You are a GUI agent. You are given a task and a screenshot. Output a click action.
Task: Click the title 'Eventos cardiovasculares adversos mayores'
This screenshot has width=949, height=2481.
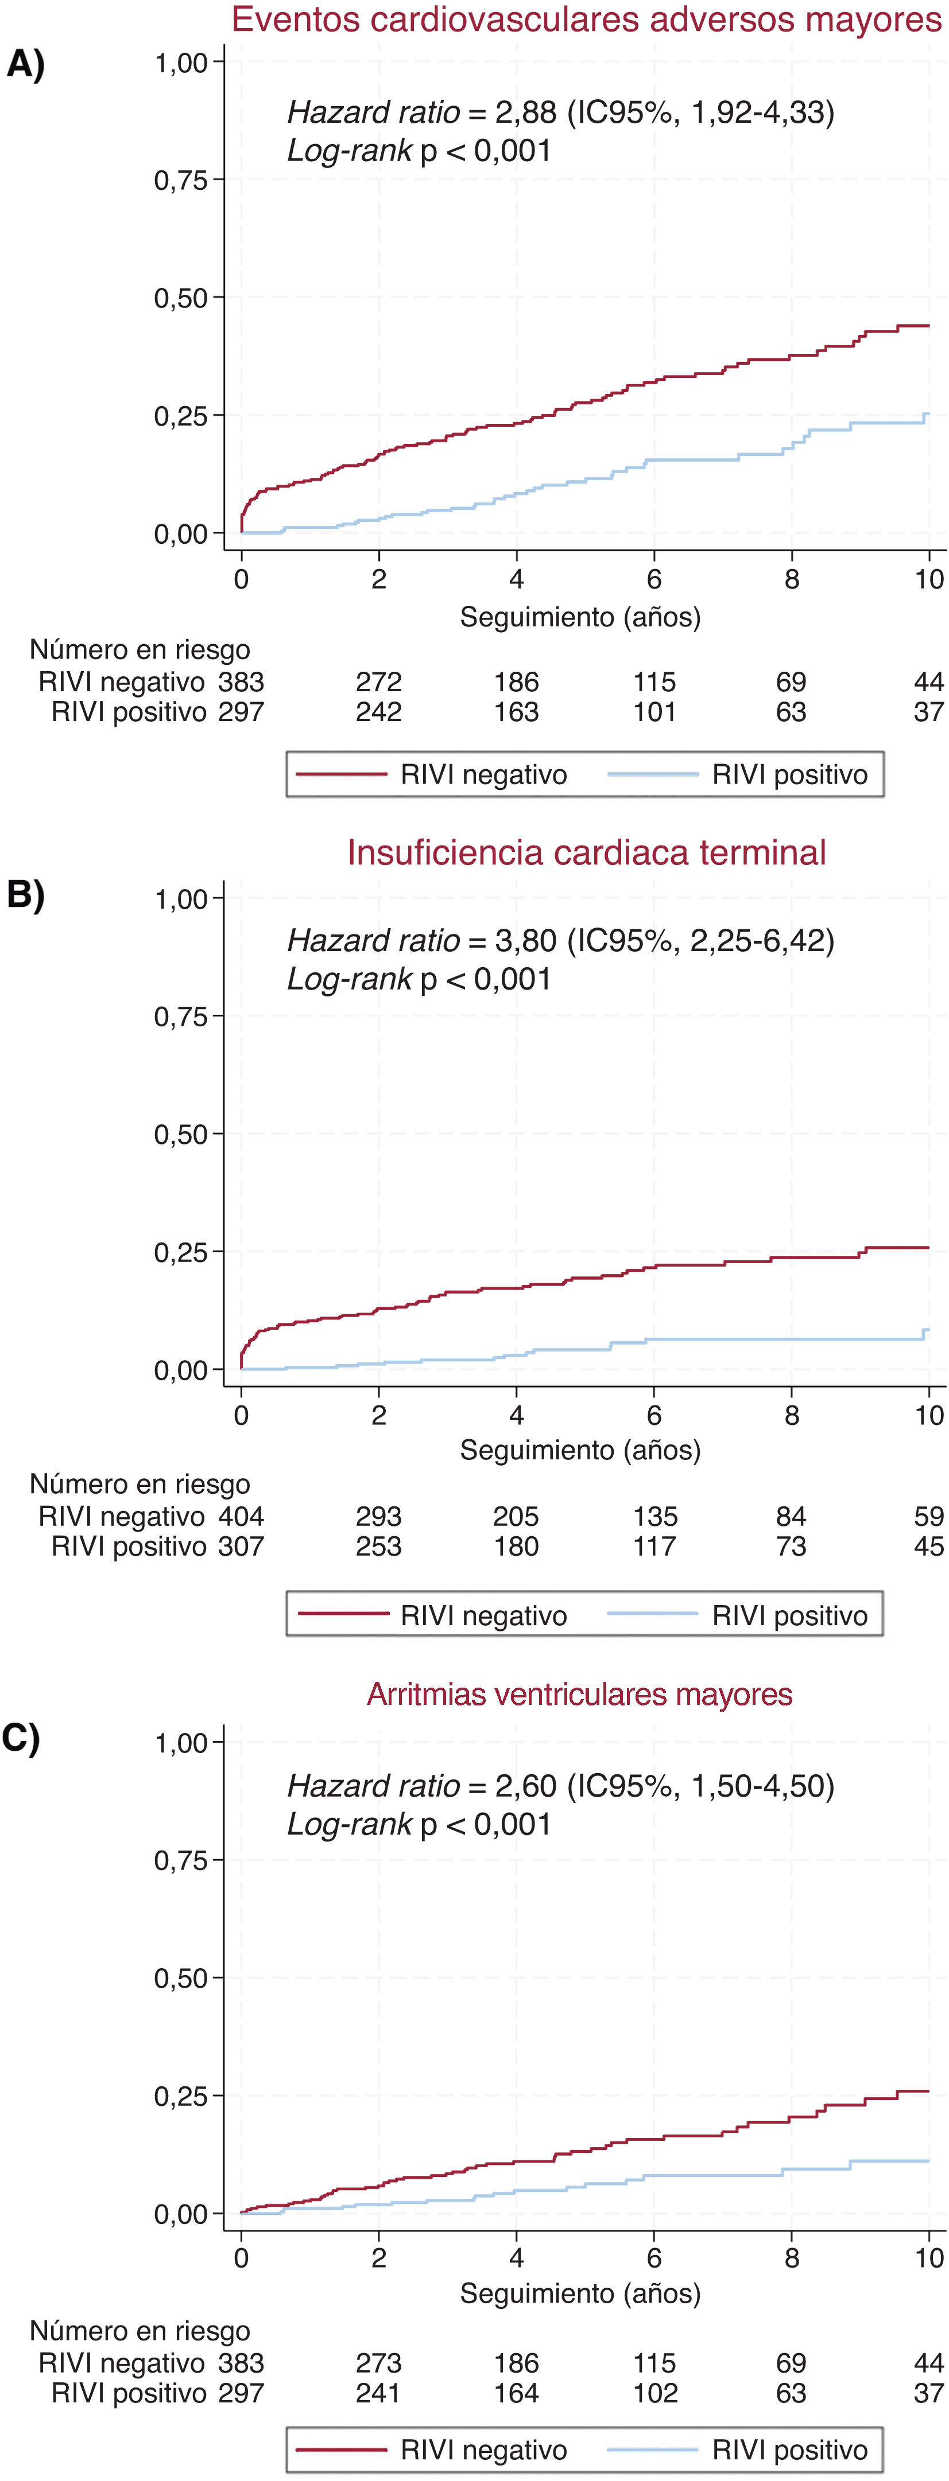pyautogui.click(x=586, y=20)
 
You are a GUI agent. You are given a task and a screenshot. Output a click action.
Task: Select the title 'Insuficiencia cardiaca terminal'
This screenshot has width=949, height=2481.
pyautogui.click(x=586, y=852)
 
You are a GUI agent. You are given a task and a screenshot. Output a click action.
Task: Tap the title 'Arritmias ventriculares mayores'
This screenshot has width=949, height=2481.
pyautogui.click(x=579, y=1693)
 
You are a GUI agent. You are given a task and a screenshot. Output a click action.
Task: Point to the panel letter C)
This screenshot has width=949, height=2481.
pyautogui.click(x=21, y=1739)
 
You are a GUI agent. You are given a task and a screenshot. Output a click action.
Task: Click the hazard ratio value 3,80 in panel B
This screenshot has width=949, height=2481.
pyautogui.click(x=525, y=940)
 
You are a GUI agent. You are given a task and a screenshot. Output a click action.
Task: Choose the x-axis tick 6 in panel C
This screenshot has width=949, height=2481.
pyautogui.click(x=654, y=2257)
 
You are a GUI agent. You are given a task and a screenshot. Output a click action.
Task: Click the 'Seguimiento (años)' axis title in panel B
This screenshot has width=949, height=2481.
pyautogui.click(x=580, y=1450)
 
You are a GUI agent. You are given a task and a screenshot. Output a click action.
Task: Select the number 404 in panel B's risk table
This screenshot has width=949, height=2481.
pyautogui.click(x=241, y=1516)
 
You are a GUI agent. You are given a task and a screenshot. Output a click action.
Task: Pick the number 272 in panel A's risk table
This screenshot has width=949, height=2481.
pyautogui.click(x=379, y=682)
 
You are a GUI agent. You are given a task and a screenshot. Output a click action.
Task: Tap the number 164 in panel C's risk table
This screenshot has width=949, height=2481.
pyautogui.click(x=517, y=2393)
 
